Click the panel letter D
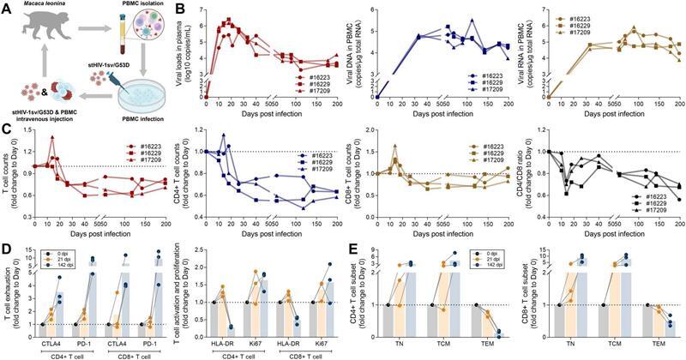[x=7, y=252]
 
